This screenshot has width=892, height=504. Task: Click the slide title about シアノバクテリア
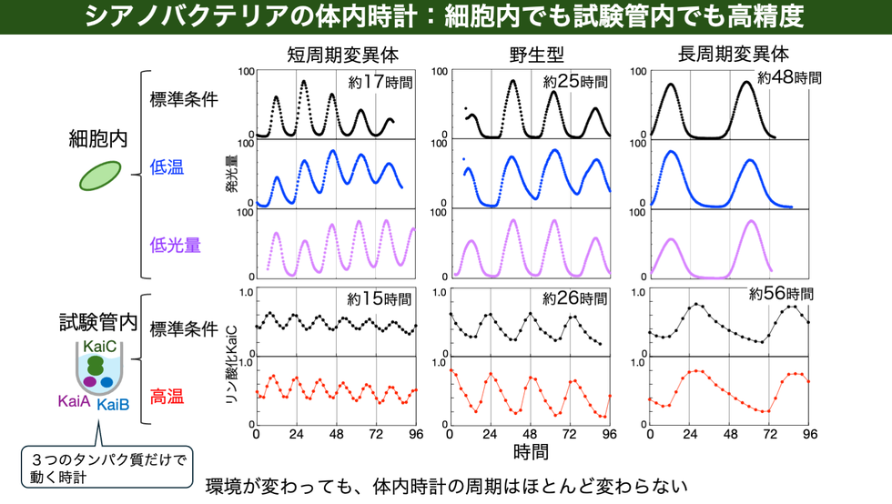[445, 17]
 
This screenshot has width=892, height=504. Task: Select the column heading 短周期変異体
[336, 54]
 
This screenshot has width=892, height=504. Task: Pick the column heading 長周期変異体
[734, 54]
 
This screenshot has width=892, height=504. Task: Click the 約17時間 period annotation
[380, 82]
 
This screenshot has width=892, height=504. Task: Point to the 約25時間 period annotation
[575, 82]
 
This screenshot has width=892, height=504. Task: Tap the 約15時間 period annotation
[380, 298]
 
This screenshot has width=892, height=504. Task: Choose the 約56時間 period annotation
[782, 294]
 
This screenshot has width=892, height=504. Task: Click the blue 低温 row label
[167, 168]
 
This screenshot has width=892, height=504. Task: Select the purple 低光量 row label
[176, 244]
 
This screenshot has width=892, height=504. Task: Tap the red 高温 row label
[167, 396]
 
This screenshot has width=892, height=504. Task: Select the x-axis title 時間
[532, 451]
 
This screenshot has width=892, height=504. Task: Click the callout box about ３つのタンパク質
[107, 467]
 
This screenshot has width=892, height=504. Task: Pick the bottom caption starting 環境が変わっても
[447, 485]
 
